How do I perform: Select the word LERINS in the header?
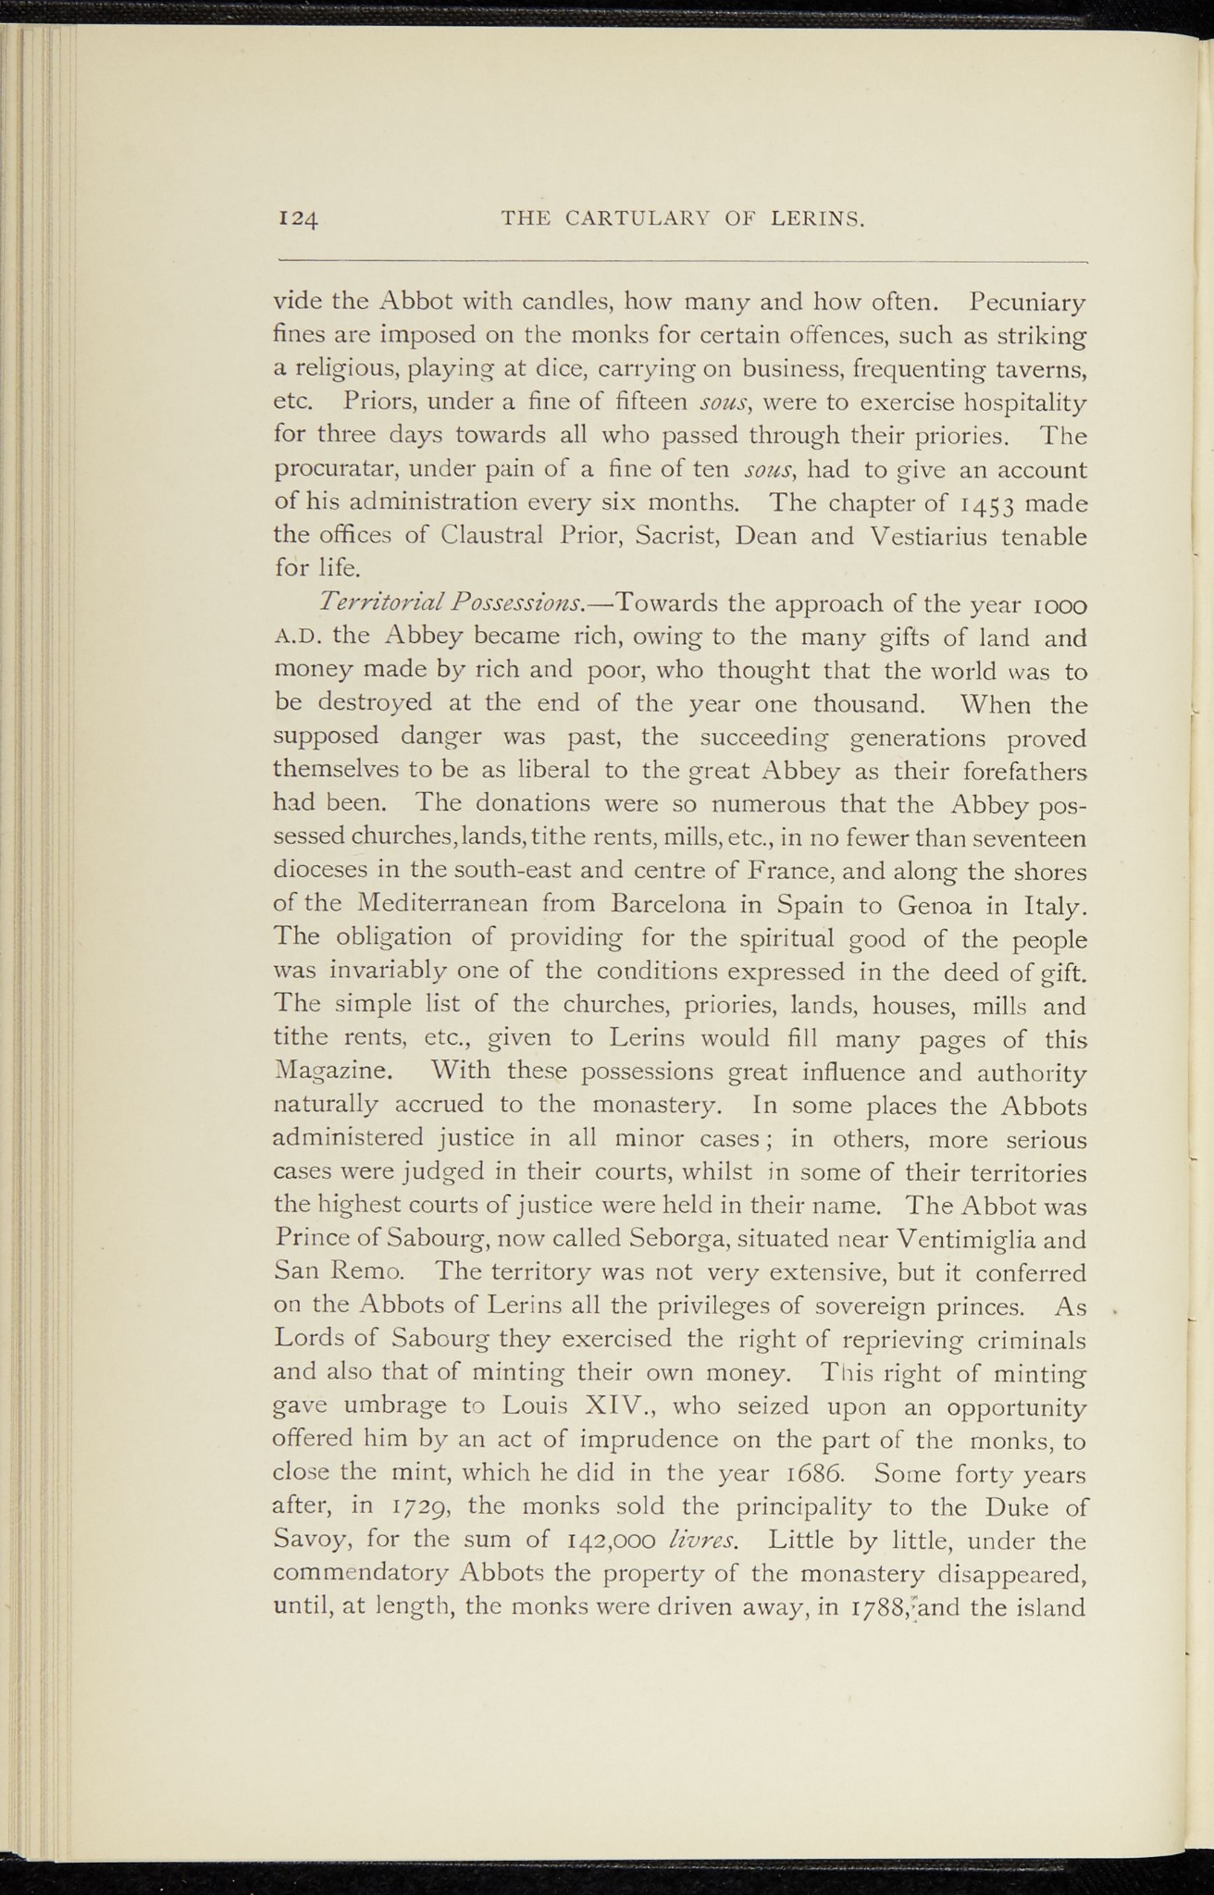pyautogui.click(x=818, y=218)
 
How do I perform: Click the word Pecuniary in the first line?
pyautogui.click(x=1027, y=303)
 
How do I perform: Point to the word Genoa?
pyautogui.click(x=919, y=904)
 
